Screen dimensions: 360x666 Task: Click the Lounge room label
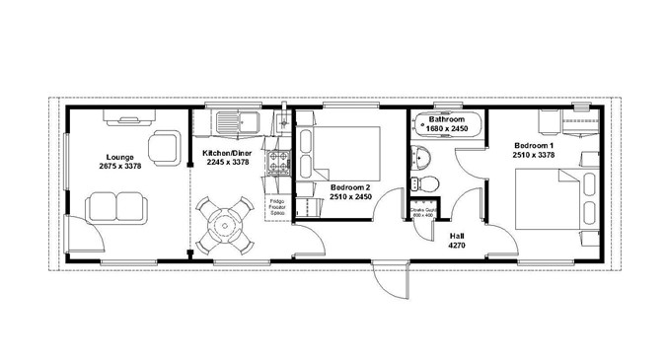[x=121, y=157]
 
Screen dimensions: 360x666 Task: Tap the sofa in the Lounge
[x=116, y=207]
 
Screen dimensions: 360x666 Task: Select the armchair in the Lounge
[x=164, y=147]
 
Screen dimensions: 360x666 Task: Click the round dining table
[x=222, y=225]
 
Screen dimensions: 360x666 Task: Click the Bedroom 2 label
[x=350, y=187]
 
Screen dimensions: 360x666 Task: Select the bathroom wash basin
[x=425, y=158]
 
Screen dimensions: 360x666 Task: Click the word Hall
[x=457, y=237]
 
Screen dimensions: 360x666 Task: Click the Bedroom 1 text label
[x=533, y=146]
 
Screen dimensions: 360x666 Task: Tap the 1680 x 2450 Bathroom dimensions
[x=447, y=129]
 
